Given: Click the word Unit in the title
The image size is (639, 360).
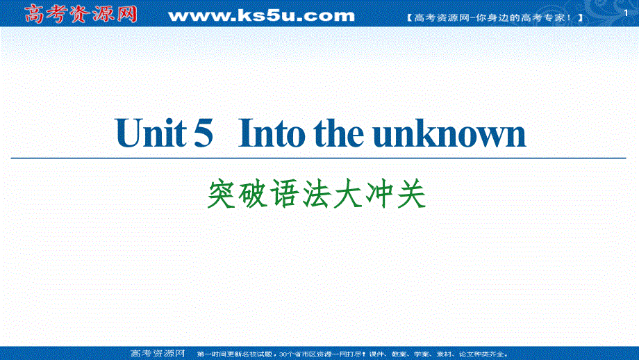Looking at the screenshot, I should pos(151,134).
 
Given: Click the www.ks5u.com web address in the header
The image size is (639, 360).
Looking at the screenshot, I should pos(251,15).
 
